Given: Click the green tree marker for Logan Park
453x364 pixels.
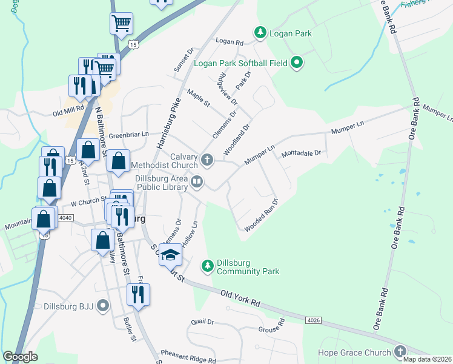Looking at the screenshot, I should click(260, 32).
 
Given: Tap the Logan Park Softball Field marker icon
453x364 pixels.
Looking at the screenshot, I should click(297, 62).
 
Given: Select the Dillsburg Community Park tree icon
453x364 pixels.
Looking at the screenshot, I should click(207, 265).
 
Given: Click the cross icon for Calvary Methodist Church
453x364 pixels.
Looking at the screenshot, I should click(207, 160).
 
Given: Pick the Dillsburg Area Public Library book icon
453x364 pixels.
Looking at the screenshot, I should click(197, 181).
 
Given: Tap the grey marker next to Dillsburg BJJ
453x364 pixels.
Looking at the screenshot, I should click(104, 306).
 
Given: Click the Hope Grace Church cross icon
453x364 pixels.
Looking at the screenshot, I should click(400, 352).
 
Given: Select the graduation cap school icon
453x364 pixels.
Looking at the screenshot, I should click(171, 255).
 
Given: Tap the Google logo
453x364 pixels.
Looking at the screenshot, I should click(20, 356).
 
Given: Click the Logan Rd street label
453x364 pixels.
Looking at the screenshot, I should click(230, 42).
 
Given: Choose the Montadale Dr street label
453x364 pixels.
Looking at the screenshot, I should click(300, 154).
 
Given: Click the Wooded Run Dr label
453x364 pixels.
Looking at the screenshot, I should click(261, 215).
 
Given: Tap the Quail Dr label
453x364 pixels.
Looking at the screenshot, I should click(202, 322).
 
